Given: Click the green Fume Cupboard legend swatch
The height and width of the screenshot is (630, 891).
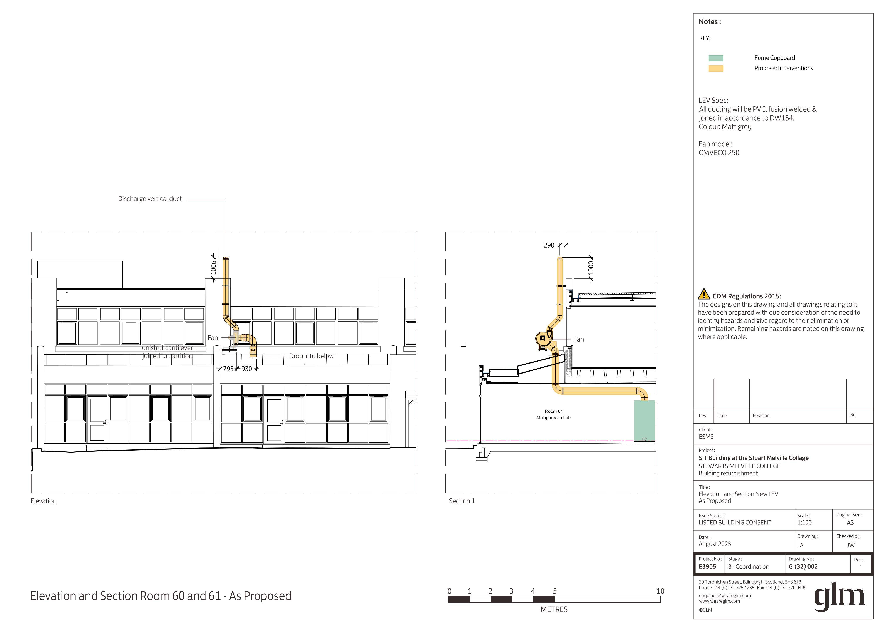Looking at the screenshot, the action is click(x=716, y=58).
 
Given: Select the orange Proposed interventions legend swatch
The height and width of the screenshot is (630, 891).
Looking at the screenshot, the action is click(x=716, y=69).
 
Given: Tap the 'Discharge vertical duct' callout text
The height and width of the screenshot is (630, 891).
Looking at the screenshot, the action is click(x=150, y=199).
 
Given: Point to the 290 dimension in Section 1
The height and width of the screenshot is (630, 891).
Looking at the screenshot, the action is click(x=549, y=245).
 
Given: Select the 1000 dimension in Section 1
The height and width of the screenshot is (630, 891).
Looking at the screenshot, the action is click(x=591, y=268).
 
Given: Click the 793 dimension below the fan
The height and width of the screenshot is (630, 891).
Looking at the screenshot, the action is click(x=229, y=369).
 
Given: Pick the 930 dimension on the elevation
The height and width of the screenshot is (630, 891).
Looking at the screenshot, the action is click(x=247, y=369).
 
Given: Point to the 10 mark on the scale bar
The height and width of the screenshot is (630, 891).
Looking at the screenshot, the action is click(x=660, y=591).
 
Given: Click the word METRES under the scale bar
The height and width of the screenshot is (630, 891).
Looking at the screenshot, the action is click(x=554, y=609).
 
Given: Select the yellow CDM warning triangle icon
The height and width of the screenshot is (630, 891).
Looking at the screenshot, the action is click(x=704, y=294).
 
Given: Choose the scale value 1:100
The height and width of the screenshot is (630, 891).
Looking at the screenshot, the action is click(x=804, y=523).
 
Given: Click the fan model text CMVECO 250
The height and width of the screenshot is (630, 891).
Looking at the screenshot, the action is click(x=719, y=153).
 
